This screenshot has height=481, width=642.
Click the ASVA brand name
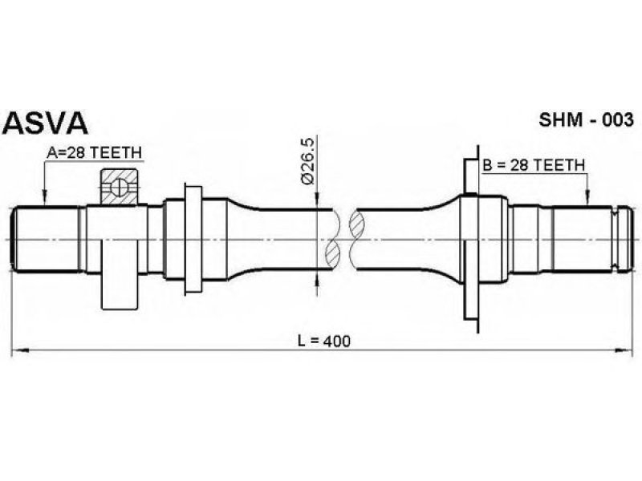pos(46,123)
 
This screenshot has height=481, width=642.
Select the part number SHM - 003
pos(586,120)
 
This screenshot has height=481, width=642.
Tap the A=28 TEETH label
pos(94,153)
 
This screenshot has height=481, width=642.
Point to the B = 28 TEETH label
pos(534,165)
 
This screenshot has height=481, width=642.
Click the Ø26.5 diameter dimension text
pos(307,162)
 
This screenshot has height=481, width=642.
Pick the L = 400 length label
pos(324,341)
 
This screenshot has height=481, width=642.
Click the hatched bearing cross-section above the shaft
pos(120,187)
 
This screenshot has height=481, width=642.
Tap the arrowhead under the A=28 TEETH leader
pos(45,198)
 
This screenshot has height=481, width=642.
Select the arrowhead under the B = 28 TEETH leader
pos(587,198)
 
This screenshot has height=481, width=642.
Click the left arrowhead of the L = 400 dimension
pos(19,350)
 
